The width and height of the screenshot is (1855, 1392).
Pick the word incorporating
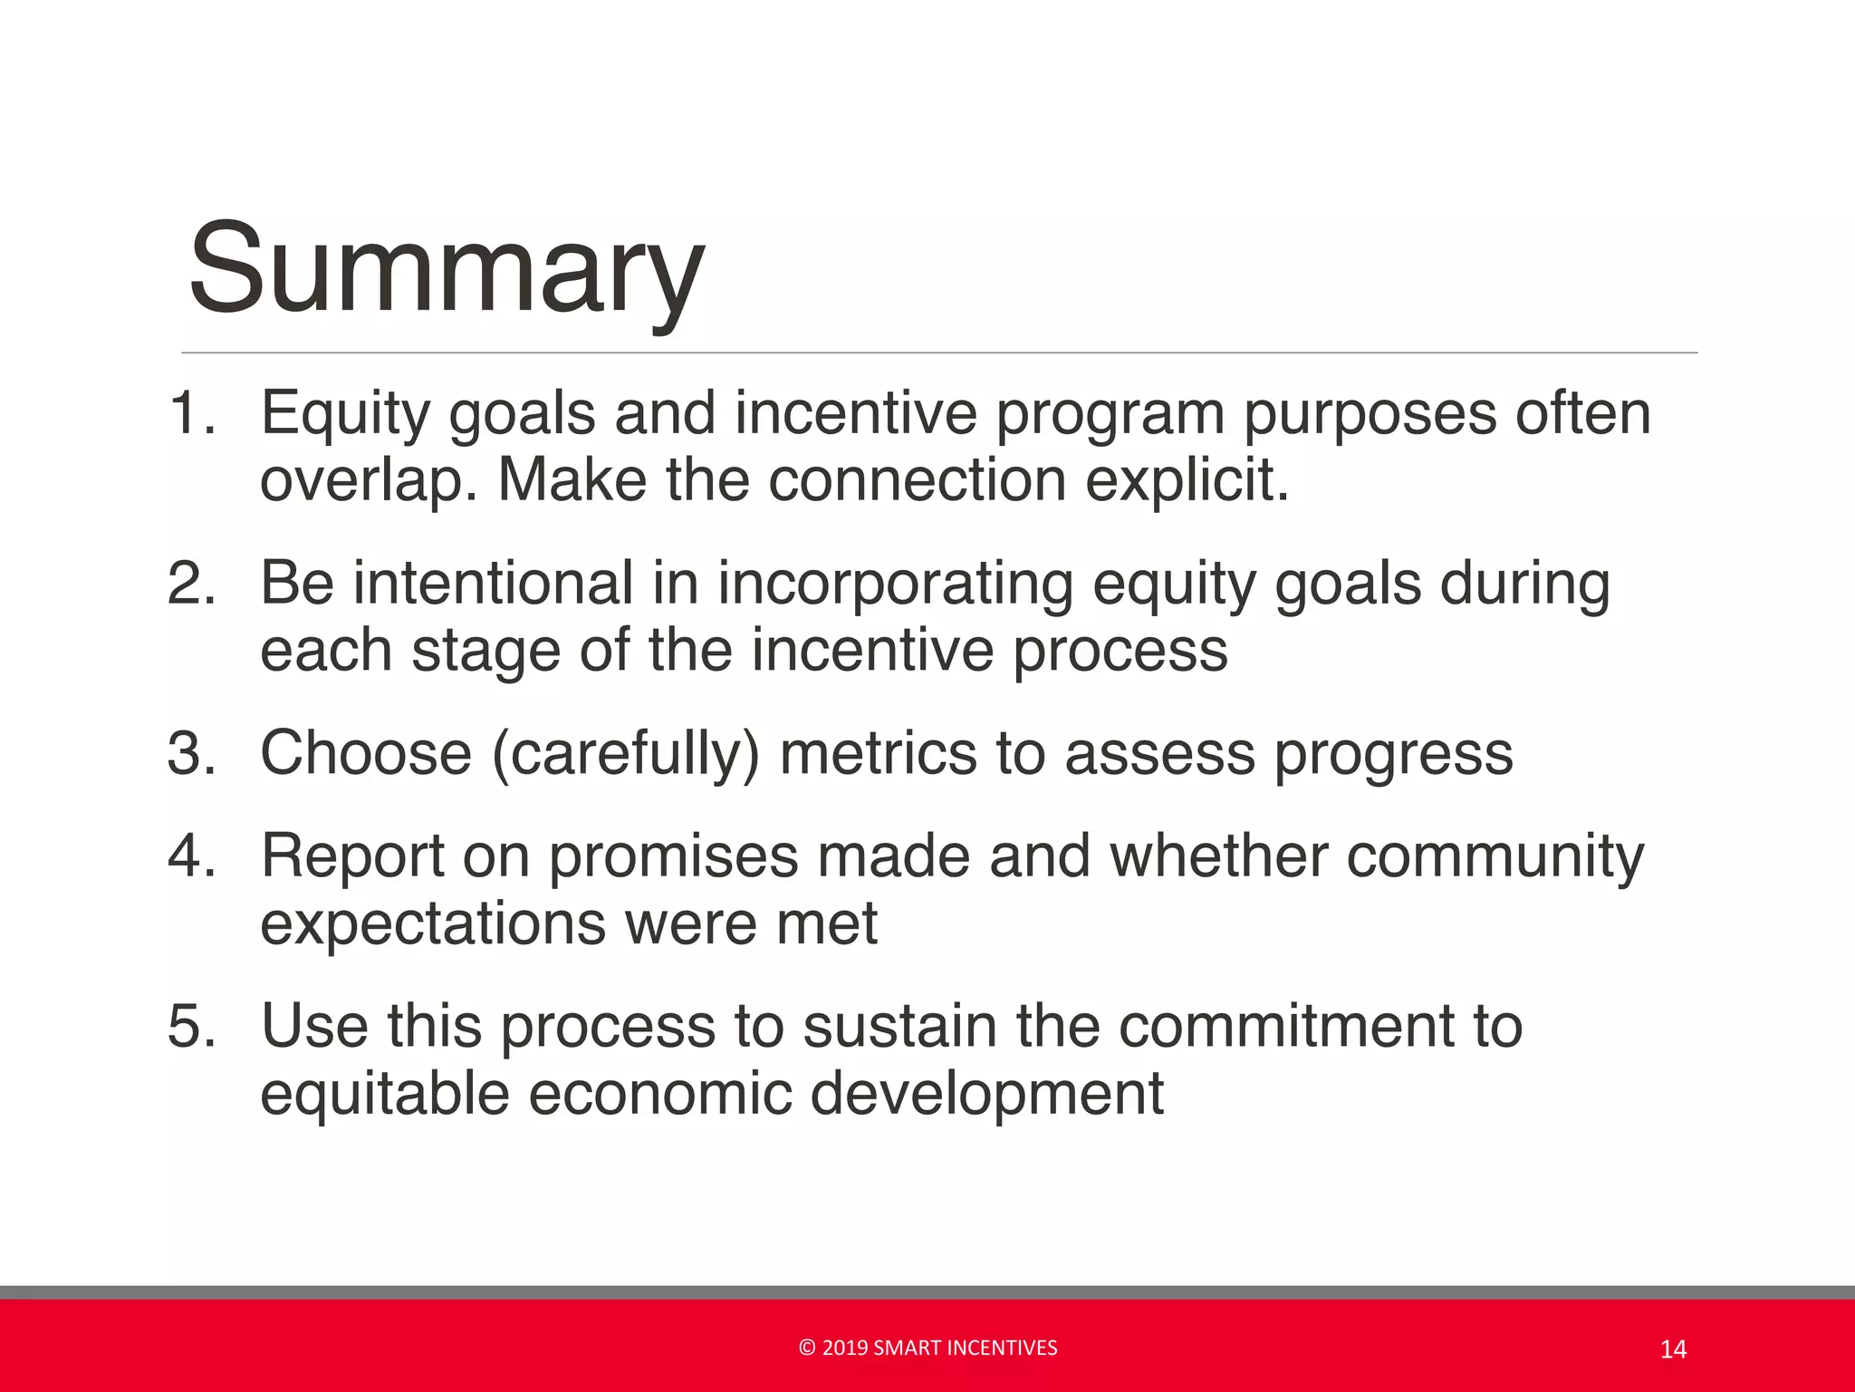(x=895, y=585)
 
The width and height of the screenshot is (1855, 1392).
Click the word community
(x=1495, y=857)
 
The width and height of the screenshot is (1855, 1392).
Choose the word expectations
(x=432, y=925)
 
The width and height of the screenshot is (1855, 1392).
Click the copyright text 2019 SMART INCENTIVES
(x=928, y=1348)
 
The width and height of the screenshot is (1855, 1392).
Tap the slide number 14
(x=1673, y=1350)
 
